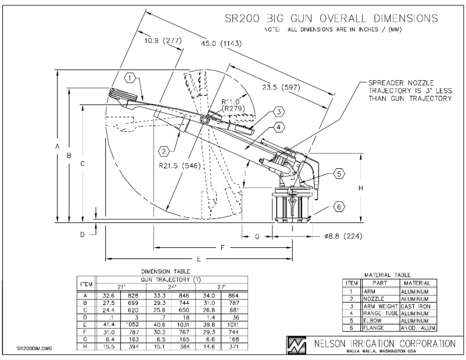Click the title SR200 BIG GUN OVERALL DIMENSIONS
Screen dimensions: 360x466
click(x=331, y=19)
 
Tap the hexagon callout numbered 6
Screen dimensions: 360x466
click(x=339, y=206)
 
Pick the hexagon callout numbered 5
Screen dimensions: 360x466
click(x=339, y=173)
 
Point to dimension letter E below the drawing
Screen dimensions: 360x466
click(x=199, y=258)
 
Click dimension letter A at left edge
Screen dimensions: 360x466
click(x=58, y=147)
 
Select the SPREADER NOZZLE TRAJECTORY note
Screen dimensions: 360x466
click(x=409, y=91)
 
